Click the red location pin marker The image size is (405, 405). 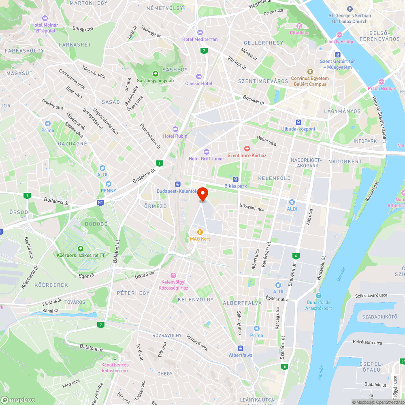point(202,194)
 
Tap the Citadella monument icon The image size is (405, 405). point(299,26)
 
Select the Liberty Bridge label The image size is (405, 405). point(339,41)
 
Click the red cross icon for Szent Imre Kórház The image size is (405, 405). point(246,149)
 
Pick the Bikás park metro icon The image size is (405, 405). point(235,179)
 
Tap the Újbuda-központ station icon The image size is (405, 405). point(298,122)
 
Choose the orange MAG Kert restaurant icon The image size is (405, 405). point(200,232)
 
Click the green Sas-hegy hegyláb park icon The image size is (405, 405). point(155,73)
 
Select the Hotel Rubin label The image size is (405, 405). point(175,136)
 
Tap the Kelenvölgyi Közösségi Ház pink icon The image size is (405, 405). point(174,275)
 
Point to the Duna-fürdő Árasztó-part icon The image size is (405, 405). point(319,295)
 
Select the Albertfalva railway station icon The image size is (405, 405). point(241,348)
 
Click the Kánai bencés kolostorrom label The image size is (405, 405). point(115,368)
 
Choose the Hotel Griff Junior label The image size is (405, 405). point(206,159)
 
